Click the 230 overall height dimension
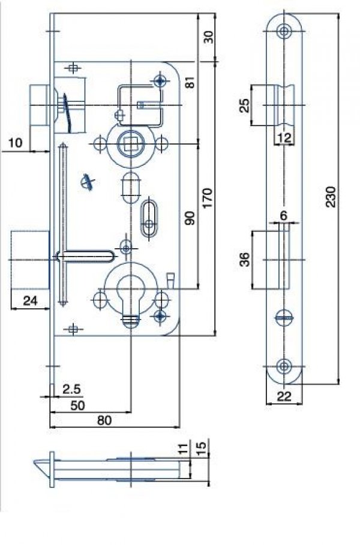click(331, 197)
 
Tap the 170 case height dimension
click(207, 198)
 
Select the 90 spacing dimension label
click(190, 218)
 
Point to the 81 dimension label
click(190, 82)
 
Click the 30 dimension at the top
click(208, 37)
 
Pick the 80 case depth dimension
click(104, 420)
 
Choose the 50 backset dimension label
click(77, 405)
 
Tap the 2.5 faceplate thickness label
click(72, 389)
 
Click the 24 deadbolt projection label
click(30, 300)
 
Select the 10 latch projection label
click(15, 143)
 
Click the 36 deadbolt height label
click(245, 259)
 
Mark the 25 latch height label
click(245, 106)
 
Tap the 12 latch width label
click(284, 138)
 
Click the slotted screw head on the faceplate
click(284, 317)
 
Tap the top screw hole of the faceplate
click(284, 32)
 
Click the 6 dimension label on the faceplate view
click(283, 216)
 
